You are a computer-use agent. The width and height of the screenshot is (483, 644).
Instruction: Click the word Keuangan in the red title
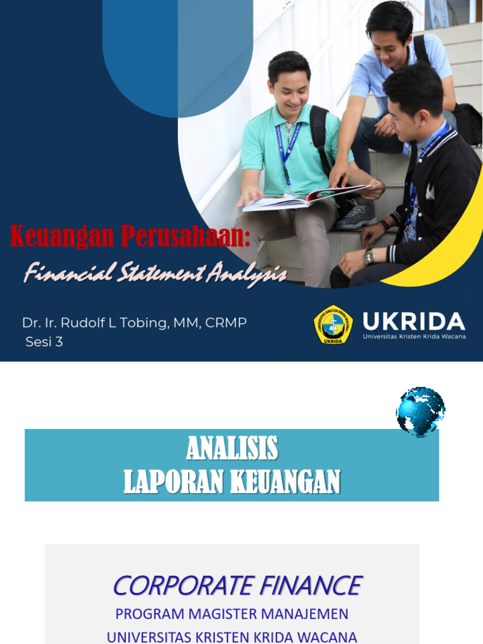pos(62,236)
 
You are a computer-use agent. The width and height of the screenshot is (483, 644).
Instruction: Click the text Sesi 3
pos(44,342)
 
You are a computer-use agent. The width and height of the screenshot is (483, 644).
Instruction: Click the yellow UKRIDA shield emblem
pos(333,325)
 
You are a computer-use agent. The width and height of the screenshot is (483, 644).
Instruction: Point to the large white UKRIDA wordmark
pos(414,321)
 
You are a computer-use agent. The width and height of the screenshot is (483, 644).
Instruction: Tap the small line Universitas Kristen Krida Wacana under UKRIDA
pos(414,336)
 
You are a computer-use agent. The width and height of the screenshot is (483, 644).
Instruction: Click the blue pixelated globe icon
pos(420,411)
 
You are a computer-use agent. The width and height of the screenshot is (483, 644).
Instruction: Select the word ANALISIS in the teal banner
pos(232,448)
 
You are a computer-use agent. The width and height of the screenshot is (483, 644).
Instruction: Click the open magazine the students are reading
pos(302,197)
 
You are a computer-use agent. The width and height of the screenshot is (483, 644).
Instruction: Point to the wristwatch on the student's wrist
pos(369,257)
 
